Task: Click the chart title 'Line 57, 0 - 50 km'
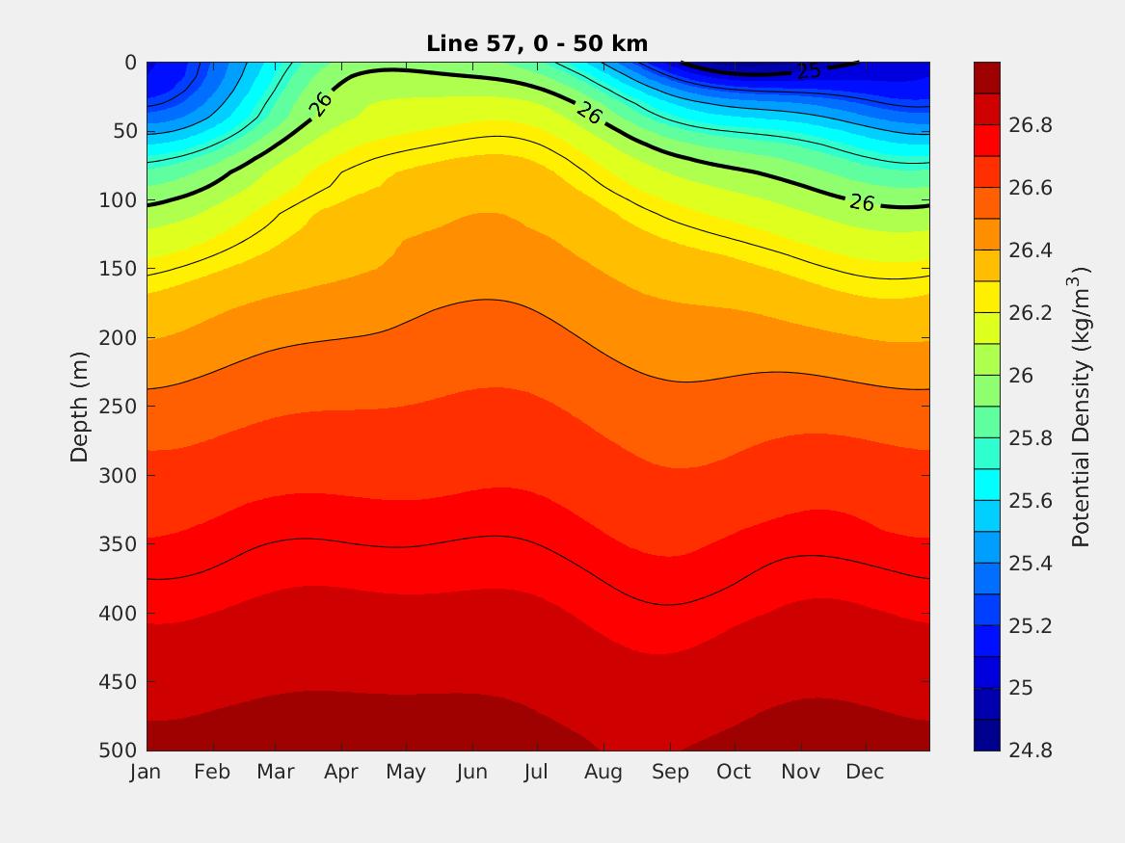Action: [537, 43]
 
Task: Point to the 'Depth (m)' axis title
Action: [79, 407]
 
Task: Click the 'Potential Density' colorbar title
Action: [1082, 407]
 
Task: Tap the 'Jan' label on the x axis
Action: [146, 772]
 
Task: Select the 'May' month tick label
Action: [406, 772]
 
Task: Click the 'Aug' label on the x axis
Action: [603, 772]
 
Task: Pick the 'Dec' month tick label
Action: [865, 772]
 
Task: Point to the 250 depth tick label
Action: [120, 407]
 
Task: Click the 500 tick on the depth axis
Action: [120, 751]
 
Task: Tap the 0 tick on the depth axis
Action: [130, 63]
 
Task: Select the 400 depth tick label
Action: [120, 613]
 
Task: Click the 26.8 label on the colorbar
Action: [1030, 125]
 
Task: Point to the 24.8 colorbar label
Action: [1030, 751]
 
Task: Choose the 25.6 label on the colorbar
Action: [1030, 500]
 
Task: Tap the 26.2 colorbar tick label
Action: [1030, 313]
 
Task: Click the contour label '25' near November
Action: [809, 72]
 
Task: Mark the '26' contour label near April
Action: [322, 103]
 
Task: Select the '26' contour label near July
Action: [589, 114]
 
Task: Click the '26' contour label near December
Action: [862, 202]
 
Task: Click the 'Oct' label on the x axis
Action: [734, 772]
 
